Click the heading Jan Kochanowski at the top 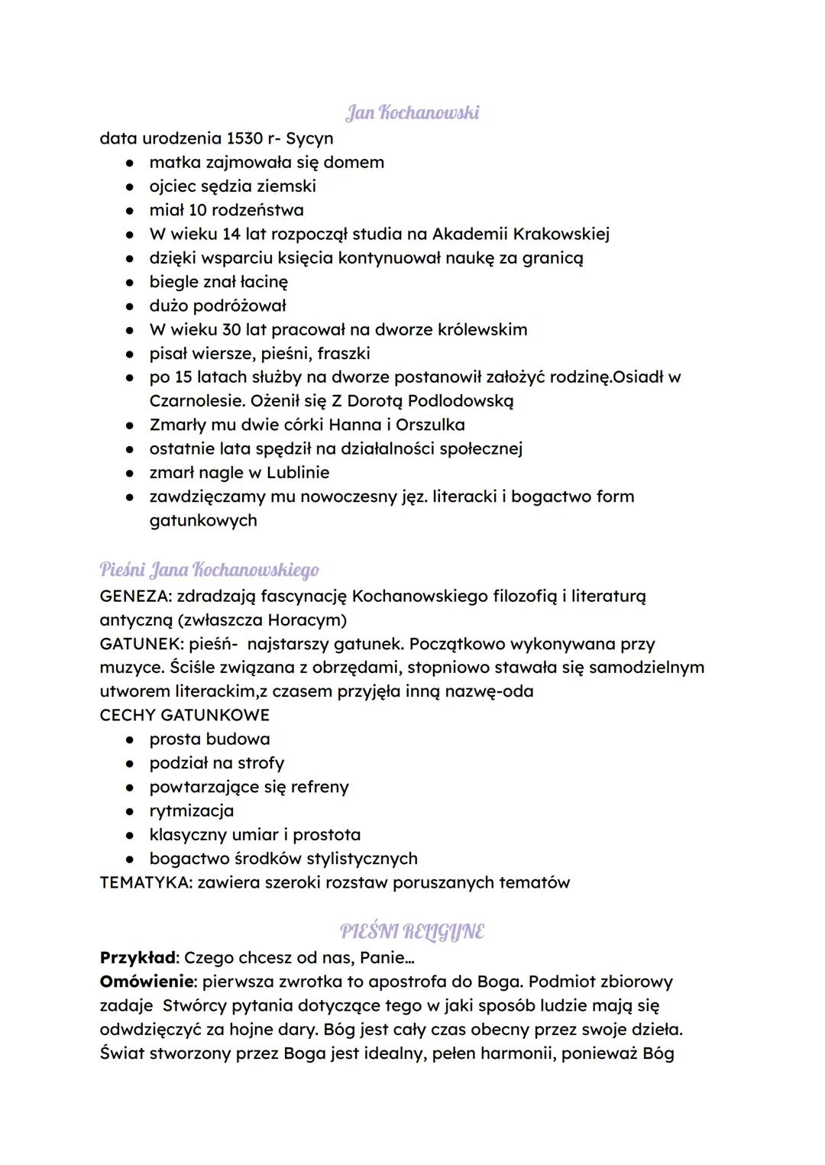[x=412, y=113]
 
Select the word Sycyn [x=309, y=139]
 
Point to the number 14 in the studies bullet [x=231, y=234]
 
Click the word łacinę [x=258, y=282]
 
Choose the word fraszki [x=343, y=354]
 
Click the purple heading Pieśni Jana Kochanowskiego [x=209, y=570]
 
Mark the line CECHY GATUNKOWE [x=184, y=715]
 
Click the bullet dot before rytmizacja [x=131, y=811]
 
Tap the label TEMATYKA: [x=145, y=883]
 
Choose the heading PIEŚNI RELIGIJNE [x=412, y=932]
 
